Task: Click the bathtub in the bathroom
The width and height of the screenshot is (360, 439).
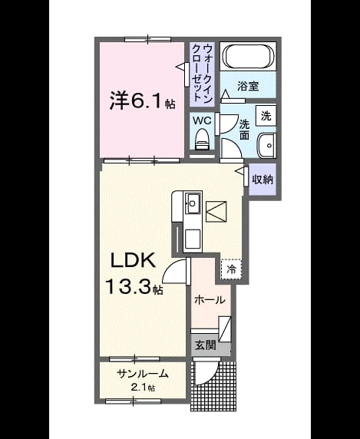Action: point(248,56)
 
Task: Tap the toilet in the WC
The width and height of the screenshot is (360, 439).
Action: point(201,139)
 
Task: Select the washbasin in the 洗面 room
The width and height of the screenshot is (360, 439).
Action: point(266,145)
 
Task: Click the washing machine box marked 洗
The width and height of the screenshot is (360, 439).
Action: point(266,116)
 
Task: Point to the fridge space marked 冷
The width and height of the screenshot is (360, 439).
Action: point(231,269)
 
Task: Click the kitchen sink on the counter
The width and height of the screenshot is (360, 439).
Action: point(193,203)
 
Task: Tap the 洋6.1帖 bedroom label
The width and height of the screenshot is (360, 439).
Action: point(142,101)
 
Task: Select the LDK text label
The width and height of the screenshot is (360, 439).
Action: point(133,260)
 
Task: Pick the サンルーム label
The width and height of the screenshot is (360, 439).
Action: point(143,374)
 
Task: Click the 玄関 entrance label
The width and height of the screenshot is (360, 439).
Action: point(206,345)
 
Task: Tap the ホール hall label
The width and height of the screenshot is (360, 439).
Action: point(210,300)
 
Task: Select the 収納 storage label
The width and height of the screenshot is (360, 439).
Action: point(263,179)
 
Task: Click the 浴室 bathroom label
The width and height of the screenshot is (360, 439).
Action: point(248,86)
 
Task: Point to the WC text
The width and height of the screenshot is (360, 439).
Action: point(202,120)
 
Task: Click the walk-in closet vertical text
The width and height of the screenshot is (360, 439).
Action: point(202,74)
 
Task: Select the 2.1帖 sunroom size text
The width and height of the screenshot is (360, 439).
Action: point(143,388)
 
